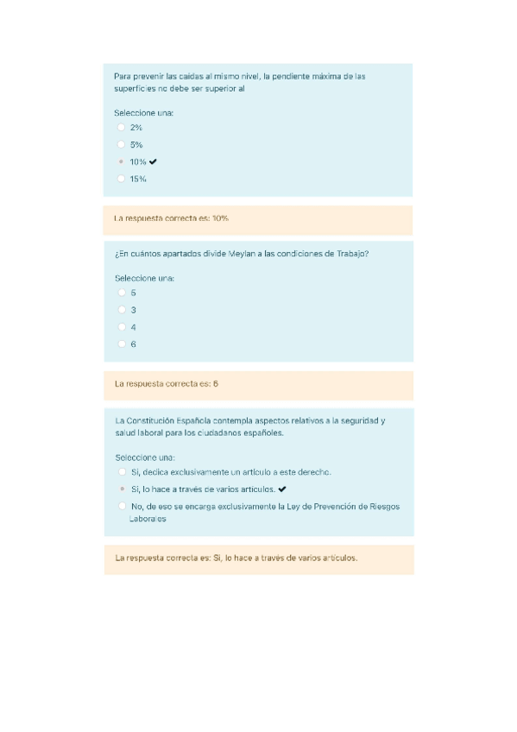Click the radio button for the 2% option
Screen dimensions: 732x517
tap(121, 128)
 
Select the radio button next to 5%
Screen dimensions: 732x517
tap(121, 145)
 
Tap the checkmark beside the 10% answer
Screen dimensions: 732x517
tap(153, 161)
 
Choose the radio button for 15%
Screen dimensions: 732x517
tap(121, 179)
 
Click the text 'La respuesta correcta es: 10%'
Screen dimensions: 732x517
tap(171, 218)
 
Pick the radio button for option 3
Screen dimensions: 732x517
tap(122, 310)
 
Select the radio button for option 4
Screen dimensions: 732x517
tap(122, 327)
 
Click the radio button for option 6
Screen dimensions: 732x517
tap(122, 344)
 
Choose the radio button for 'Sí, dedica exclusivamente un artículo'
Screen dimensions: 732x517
tap(122, 472)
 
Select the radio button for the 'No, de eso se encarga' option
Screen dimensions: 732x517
tap(122, 507)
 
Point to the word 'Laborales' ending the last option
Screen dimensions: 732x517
tap(148, 519)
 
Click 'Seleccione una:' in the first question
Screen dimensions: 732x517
tap(144, 112)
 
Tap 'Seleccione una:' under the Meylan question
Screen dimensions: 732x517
tap(145, 278)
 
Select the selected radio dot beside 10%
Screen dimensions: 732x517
tap(121, 162)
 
